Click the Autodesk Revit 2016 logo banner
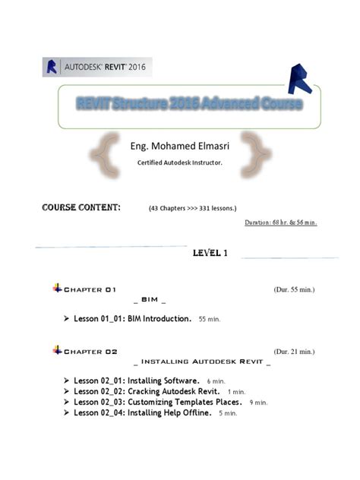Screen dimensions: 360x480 [x=96, y=67]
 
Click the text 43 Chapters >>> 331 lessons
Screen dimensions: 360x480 [x=193, y=207]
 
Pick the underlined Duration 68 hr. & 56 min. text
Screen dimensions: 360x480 [x=280, y=223]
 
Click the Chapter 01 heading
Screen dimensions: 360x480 [x=90, y=289]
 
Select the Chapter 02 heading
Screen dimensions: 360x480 [x=90, y=352]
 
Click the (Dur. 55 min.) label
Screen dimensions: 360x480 [x=294, y=289]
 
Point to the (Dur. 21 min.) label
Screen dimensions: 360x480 [x=294, y=352]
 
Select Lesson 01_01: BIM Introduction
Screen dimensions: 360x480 [x=132, y=319]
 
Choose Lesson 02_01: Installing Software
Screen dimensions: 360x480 [x=137, y=380]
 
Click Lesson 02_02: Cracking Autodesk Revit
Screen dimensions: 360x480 [x=144, y=391]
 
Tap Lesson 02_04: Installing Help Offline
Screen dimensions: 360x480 [x=142, y=412]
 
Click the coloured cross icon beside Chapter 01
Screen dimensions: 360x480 [x=58, y=288]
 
